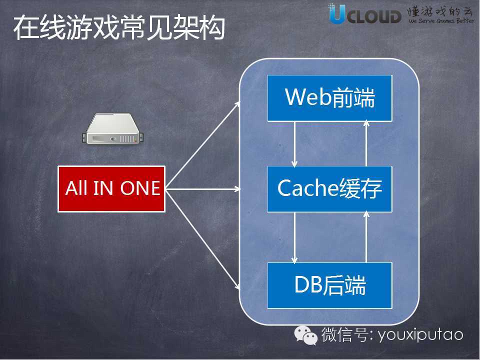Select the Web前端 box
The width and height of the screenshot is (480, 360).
[329, 98]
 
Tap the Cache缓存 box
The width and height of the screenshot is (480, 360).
[329, 188]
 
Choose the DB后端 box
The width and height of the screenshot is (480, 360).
[329, 285]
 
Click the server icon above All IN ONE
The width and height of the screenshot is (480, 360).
[111, 129]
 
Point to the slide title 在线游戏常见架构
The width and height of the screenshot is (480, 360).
[119, 28]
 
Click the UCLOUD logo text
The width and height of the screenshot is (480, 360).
[365, 15]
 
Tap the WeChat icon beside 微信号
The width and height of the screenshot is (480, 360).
[305, 334]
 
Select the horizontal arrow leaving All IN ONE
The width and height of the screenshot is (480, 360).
[202, 189]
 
